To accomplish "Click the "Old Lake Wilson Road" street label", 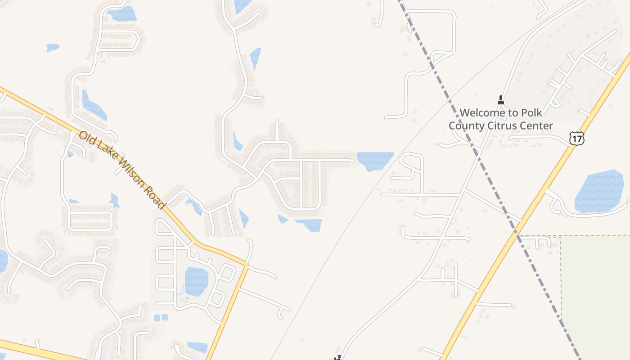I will pos(122,170).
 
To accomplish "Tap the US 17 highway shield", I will pos(576,138).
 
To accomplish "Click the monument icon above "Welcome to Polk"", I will pos(500,99).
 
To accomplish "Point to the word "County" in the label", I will pos(468,126).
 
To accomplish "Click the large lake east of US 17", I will pos(599,191).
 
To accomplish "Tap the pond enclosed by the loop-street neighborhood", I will pos(197,281).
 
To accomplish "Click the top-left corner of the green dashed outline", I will pos(561,236).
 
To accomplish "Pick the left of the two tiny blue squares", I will pos(157,317).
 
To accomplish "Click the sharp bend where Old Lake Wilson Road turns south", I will pos(246,265).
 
